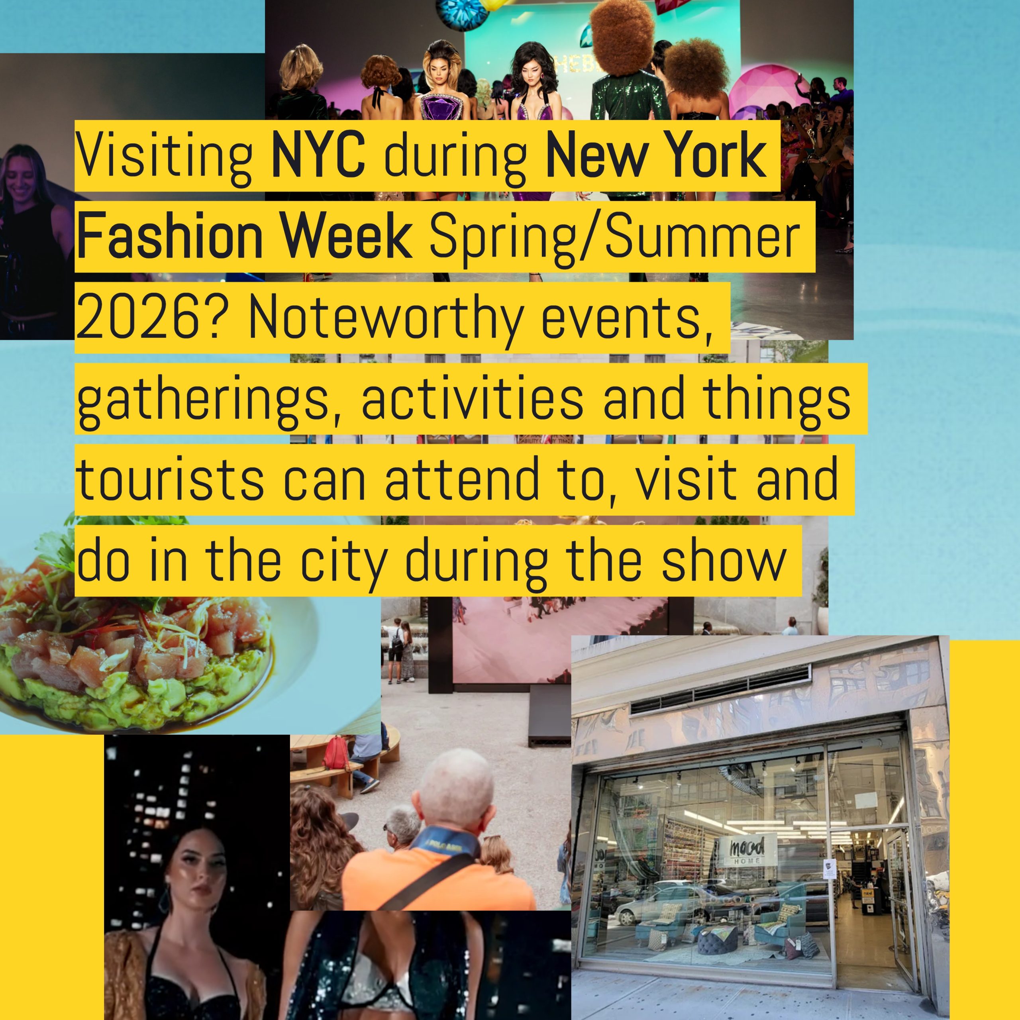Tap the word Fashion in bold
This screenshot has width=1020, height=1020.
[169, 238]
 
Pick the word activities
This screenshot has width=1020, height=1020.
[473, 400]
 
